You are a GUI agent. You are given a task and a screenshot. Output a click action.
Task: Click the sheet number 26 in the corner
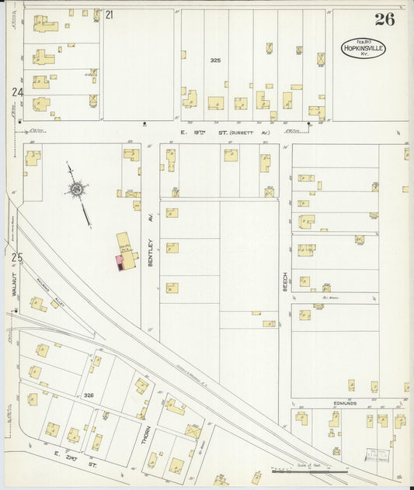point(384,20)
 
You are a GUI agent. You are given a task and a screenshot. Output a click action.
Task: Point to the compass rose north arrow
point(78,188)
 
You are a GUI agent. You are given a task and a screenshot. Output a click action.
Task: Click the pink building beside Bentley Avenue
point(120,262)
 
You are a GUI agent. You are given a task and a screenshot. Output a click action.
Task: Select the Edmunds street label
point(345,402)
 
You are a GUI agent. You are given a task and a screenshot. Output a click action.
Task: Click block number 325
point(215,60)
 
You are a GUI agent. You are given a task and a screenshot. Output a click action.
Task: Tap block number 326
point(89,395)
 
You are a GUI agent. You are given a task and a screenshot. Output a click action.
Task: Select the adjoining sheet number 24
point(17,92)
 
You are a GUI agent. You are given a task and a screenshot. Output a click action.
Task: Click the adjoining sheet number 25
point(17,257)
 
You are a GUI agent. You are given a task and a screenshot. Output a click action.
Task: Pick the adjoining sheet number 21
point(110,15)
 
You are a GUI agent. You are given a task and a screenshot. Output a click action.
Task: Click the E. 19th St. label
point(197,133)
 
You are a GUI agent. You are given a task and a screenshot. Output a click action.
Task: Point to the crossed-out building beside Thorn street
point(192,430)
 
